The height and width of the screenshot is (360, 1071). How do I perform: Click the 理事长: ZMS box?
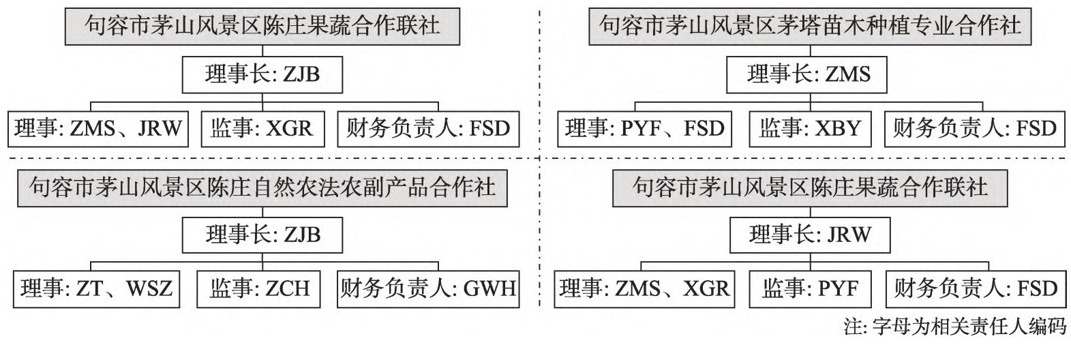click(807, 74)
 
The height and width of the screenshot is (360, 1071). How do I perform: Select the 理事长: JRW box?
click(809, 235)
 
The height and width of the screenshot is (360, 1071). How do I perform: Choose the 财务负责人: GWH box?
click(427, 288)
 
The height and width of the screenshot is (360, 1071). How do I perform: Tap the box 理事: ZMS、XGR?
click(644, 288)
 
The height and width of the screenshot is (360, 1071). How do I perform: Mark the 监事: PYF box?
click(810, 288)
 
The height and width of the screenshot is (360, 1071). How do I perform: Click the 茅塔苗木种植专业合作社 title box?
click(810, 26)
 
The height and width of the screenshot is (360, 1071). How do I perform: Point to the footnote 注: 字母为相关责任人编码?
click(954, 328)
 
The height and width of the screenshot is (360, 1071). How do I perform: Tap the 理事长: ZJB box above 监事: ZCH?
click(262, 235)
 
